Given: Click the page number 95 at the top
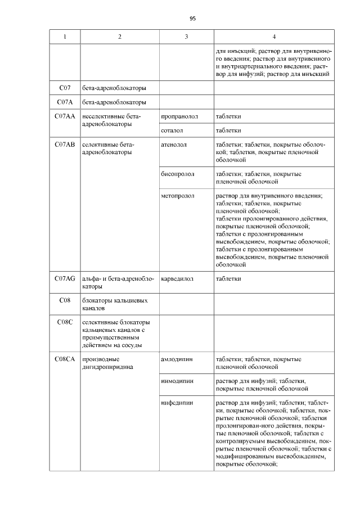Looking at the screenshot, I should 192,19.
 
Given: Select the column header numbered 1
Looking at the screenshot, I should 65,37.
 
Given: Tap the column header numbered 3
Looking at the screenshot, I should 186,37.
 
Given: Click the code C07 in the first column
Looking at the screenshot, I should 65,88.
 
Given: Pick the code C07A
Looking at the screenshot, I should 65,102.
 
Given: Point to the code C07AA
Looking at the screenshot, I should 65,116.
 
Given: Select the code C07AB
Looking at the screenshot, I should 65,145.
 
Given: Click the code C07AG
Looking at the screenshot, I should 65,278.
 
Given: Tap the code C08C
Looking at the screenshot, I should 65,322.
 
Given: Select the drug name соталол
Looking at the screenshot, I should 173,130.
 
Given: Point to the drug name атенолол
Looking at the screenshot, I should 174,145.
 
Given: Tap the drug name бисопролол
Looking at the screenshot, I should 177,174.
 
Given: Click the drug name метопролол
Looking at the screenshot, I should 177,196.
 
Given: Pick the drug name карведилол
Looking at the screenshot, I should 178,278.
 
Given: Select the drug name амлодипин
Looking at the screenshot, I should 177,358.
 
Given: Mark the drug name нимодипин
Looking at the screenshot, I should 177,381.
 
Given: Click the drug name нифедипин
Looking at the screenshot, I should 177,403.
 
